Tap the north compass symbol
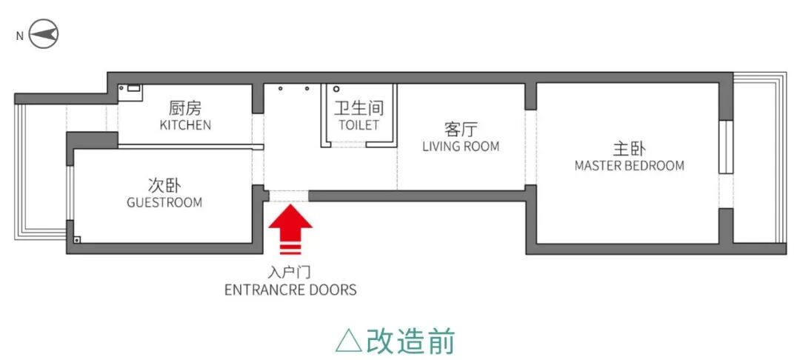[x=44, y=35]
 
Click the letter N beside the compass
[x=19, y=36]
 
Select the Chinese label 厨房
[x=185, y=108]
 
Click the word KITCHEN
[x=185, y=125]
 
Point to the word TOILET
[x=359, y=125]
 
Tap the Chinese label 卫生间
[x=359, y=108]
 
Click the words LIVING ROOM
[x=461, y=146]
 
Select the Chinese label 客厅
[x=461, y=127]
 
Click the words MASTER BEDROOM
[x=630, y=165]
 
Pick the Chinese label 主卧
[x=630, y=147]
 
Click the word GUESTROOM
[x=164, y=202]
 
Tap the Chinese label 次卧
[x=164, y=184]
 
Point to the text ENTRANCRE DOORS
[x=290, y=290]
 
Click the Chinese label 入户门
[x=290, y=272]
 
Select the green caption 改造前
[x=411, y=340]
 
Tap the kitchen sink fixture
[x=133, y=89]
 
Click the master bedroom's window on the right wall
[x=725, y=147]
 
